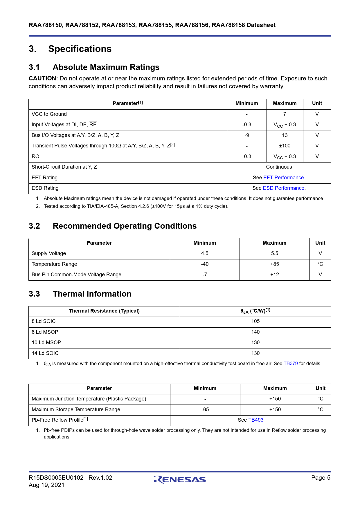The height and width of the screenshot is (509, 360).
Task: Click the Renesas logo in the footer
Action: pyautogui.click(x=180, y=479)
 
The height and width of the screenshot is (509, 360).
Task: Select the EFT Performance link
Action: pyautogui.click(x=283, y=178)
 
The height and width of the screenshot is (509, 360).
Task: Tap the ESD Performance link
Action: pyautogui.click(x=283, y=188)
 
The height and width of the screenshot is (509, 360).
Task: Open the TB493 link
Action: pyautogui.click(x=256, y=420)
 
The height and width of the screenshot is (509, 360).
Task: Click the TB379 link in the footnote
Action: pyautogui.click(x=290, y=363)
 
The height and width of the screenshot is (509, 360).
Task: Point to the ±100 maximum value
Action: pyautogui.click(x=285, y=146)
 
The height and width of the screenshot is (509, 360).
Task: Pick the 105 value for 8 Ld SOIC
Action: pyautogui.click(x=255, y=321)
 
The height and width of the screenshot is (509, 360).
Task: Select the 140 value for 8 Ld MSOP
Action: pyautogui.click(x=255, y=332)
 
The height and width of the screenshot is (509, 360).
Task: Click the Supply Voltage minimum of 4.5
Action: pyautogui.click(x=205, y=253)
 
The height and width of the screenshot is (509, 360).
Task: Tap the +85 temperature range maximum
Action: pyautogui.click(x=274, y=264)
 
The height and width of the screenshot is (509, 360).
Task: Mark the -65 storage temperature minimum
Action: pyautogui.click(x=205, y=409)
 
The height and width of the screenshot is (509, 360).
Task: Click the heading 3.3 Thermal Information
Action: pyautogui.click(x=80, y=294)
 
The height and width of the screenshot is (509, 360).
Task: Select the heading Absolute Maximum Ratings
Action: pyautogui.click(x=106, y=67)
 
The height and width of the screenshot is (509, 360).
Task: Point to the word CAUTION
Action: pyautogui.click(x=42, y=78)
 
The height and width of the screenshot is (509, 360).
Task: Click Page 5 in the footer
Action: pyautogui.click(x=321, y=478)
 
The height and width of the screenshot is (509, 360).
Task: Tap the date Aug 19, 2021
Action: pyautogui.click(x=46, y=485)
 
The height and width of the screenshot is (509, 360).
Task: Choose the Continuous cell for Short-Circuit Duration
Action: pyautogui.click(x=279, y=167)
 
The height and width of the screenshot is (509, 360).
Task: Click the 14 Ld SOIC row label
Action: pyautogui.click(x=45, y=353)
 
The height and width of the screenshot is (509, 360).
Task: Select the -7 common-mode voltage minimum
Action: pyautogui.click(x=205, y=275)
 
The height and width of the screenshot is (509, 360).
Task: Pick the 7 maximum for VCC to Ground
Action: pyautogui.click(x=285, y=114)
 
